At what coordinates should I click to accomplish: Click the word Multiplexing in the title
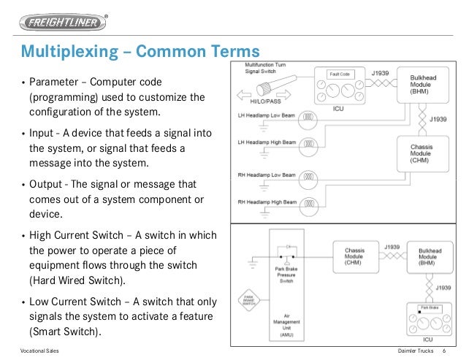[65, 53]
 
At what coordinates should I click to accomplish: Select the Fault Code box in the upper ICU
[343, 76]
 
